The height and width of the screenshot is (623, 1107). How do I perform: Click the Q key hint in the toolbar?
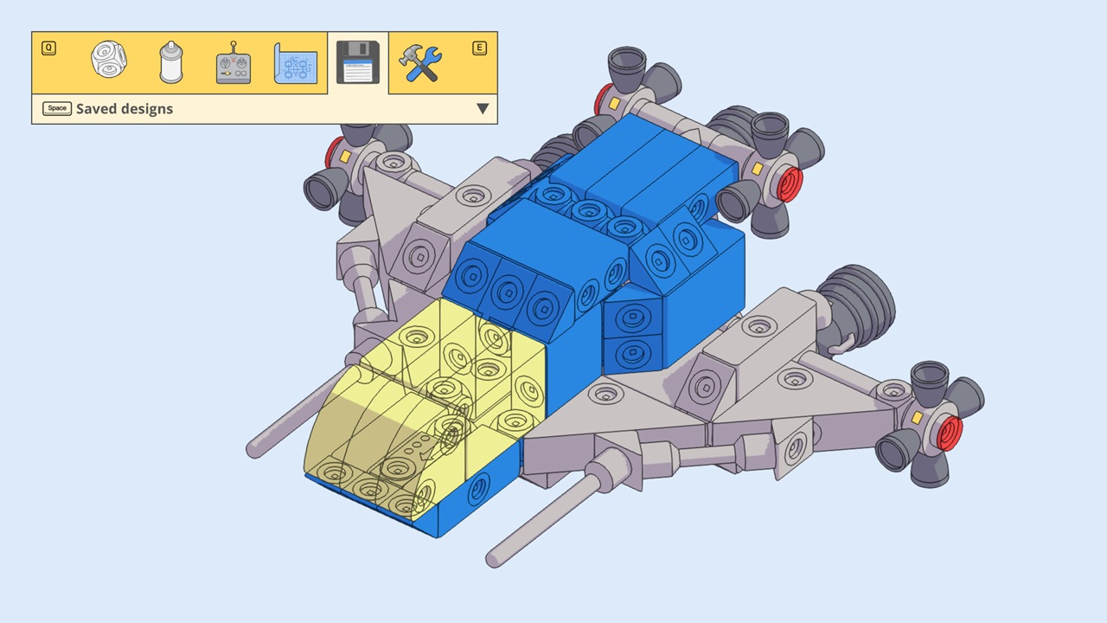click(x=48, y=48)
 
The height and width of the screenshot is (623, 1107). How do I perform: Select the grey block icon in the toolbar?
click(x=109, y=61)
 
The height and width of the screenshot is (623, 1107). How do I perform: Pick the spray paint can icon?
click(x=171, y=62)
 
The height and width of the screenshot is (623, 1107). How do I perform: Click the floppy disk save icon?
click(x=358, y=62)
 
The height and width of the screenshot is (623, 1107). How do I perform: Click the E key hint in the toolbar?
click(x=479, y=48)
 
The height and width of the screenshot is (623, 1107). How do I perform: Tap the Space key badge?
click(x=57, y=108)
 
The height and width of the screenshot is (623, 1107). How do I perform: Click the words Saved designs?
click(x=125, y=109)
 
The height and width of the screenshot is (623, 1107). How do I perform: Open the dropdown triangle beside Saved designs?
click(x=483, y=109)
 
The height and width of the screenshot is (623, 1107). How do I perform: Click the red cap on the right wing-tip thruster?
click(x=950, y=433)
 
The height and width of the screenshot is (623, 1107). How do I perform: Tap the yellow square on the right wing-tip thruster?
click(x=917, y=418)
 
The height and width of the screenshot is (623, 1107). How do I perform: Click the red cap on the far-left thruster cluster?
click(x=332, y=154)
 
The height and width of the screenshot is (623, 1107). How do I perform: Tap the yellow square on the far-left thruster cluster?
click(x=344, y=157)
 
